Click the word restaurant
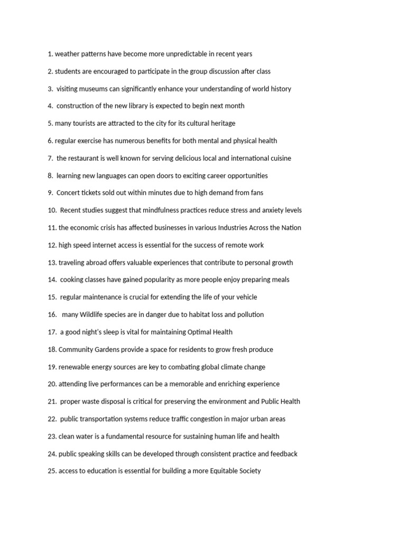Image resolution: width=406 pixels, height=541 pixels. [x=86, y=158]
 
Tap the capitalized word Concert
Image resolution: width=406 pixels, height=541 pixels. [x=68, y=193]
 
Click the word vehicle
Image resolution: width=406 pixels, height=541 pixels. [x=245, y=297]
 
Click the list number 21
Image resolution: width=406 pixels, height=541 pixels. [x=52, y=402]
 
